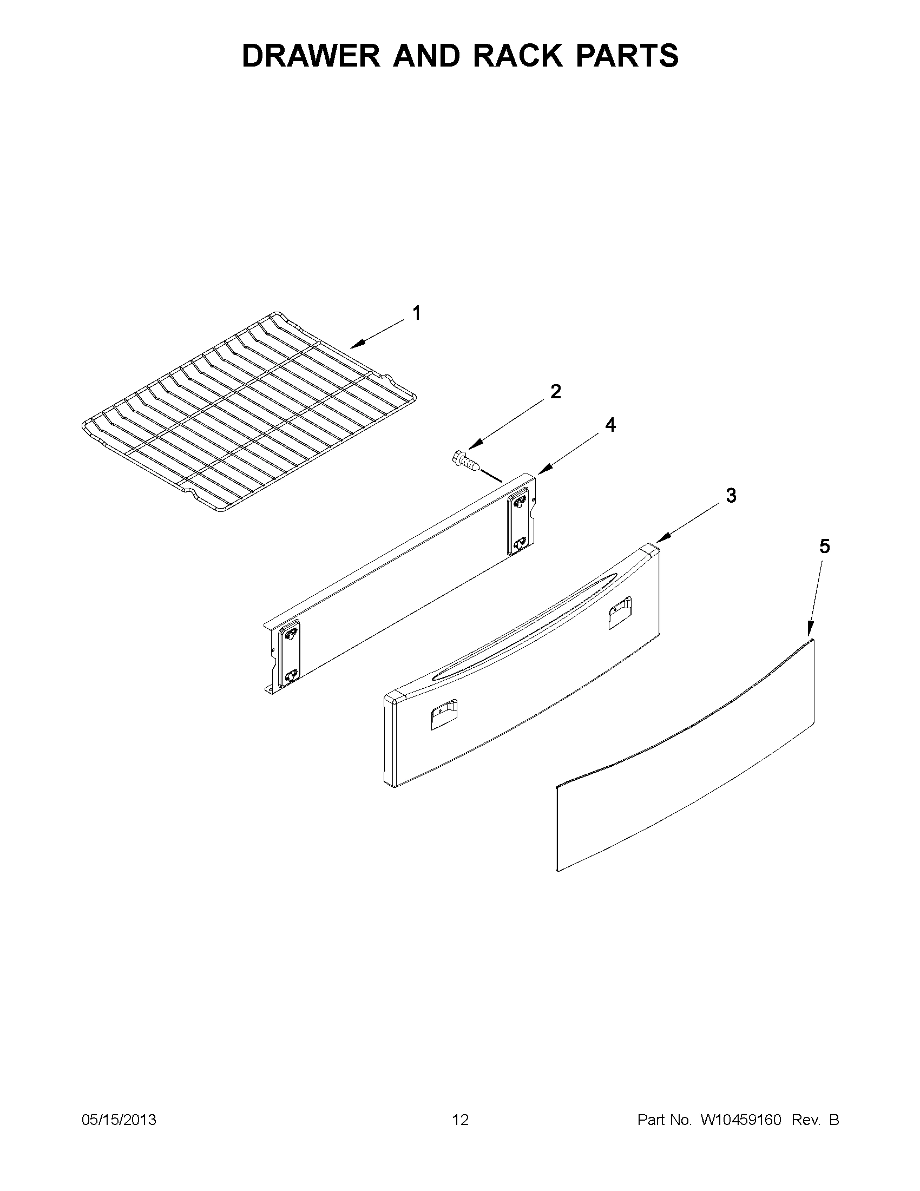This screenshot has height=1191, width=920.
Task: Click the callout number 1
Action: point(417,313)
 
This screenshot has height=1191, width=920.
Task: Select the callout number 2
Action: point(555,392)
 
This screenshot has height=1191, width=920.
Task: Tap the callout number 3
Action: point(731,496)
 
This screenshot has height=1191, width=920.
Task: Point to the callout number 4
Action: point(610,425)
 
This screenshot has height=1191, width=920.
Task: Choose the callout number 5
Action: point(824,547)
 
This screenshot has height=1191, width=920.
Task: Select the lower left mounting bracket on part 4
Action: point(290,654)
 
